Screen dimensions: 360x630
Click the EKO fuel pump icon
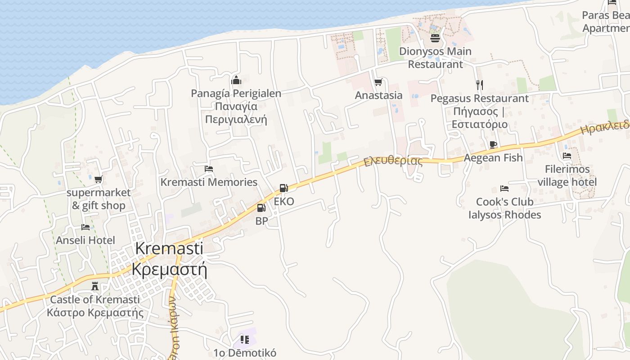click(x=283, y=188)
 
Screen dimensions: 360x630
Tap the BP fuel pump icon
click(x=261, y=208)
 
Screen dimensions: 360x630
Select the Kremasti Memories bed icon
click(x=209, y=169)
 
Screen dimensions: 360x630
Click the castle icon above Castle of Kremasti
click(x=95, y=286)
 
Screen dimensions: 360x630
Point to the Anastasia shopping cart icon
click(x=378, y=82)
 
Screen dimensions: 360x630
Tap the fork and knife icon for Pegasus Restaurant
click(x=480, y=85)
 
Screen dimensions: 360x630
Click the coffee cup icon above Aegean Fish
click(x=493, y=144)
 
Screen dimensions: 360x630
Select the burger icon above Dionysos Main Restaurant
click(x=435, y=38)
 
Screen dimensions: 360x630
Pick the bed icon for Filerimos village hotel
click(x=567, y=156)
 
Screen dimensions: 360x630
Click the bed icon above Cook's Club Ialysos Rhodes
click(x=504, y=188)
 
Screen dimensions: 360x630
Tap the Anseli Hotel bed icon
click(x=85, y=227)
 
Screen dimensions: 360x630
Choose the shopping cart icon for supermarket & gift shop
click(x=98, y=179)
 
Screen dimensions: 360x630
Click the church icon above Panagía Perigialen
click(x=236, y=81)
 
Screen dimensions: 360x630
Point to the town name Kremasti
click(x=169, y=248)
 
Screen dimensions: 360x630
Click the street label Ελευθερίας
click(x=393, y=160)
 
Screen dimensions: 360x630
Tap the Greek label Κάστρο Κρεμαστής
click(x=95, y=313)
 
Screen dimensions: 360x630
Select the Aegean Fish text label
click(x=493, y=157)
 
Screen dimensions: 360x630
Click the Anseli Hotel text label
click(x=85, y=240)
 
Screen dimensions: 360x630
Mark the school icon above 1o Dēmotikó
click(x=244, y=339)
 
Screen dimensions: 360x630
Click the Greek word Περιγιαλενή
click(x=236, y=120)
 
